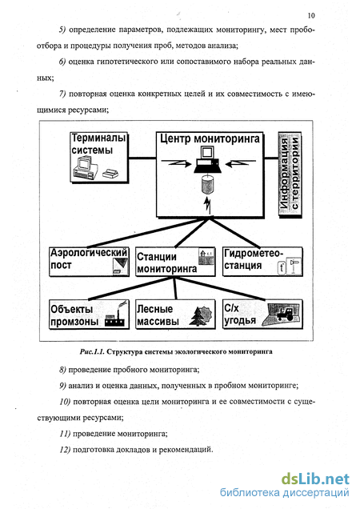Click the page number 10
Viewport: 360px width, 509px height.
click(x=311, y=15)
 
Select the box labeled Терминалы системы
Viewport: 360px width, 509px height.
click(x=99, y=158)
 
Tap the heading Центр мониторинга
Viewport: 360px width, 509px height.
click(x=210, y=138)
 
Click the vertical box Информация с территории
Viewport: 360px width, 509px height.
click(x=290, y=174)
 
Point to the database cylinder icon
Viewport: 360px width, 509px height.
click(x=206, y=183)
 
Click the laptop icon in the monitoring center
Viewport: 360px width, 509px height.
click(x=207, y=160)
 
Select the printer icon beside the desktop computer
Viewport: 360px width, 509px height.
click(x=110, y=174)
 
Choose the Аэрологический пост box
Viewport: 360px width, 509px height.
click(x=89, y=262)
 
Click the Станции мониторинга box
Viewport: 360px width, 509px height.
click(x=175, y=262)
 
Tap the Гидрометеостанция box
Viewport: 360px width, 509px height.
click(x=262, y=262)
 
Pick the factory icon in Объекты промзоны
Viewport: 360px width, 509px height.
click(x=115, y=315)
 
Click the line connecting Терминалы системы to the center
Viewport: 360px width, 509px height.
click(x=142, y=158)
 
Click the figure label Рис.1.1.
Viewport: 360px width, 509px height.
click(x=92, y=351)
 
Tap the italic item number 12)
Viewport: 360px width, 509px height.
click(x=65, y=450)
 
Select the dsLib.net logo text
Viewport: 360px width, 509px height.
click(x=315, y=479)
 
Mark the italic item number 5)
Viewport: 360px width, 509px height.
click(x=62, y=30)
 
